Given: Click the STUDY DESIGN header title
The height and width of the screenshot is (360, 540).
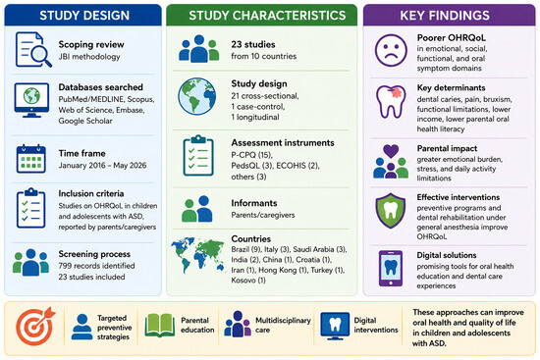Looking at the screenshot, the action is click(x=84, y=16).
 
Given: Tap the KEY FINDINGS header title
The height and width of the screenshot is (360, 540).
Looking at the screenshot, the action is click(x=445, y=16).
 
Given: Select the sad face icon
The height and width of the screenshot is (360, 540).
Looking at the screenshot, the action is click(x=391, y=50).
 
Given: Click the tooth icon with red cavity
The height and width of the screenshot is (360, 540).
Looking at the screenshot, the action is click(x=391, y=102).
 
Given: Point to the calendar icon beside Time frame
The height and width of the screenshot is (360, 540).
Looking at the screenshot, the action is click(x=31, y=158).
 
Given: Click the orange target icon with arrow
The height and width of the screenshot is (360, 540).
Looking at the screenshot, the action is click(x=35, y=326).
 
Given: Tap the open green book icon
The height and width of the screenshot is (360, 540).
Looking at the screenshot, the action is click(x=159, y=326).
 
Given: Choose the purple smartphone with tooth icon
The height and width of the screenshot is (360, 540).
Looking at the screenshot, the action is click(x=391, y=269).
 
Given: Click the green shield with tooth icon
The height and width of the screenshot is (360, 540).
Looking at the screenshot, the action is click(x=391, y=211).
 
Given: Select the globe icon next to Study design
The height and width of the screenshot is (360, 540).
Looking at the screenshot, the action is click(x=197, y=96).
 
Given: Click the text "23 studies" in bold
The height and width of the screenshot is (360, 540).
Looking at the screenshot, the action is click(x=253, y=44).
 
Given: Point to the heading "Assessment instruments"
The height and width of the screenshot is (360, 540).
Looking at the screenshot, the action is click(x=283, y=142).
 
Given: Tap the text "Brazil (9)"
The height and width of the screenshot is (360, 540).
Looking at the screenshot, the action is click(x=245, y=249).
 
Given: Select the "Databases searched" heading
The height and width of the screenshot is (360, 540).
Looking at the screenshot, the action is click(x=100, y=87).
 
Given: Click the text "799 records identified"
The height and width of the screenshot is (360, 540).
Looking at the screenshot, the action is click(x=96, y=266).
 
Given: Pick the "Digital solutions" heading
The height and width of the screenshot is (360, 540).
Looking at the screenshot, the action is click(x=447, y=255).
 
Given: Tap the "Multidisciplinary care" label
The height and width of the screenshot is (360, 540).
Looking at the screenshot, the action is click(x=283, y=325).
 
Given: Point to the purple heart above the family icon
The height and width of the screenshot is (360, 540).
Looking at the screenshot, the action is click(x=391, y=150).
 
